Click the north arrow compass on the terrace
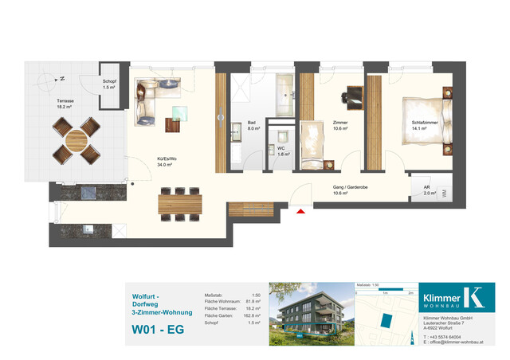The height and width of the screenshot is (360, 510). click(x=57, y=79)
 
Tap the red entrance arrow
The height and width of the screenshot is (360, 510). click(x=300, y=212)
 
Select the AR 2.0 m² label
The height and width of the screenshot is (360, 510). click(x=429, y=190)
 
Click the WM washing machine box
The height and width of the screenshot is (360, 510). click(x=444, y=192)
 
